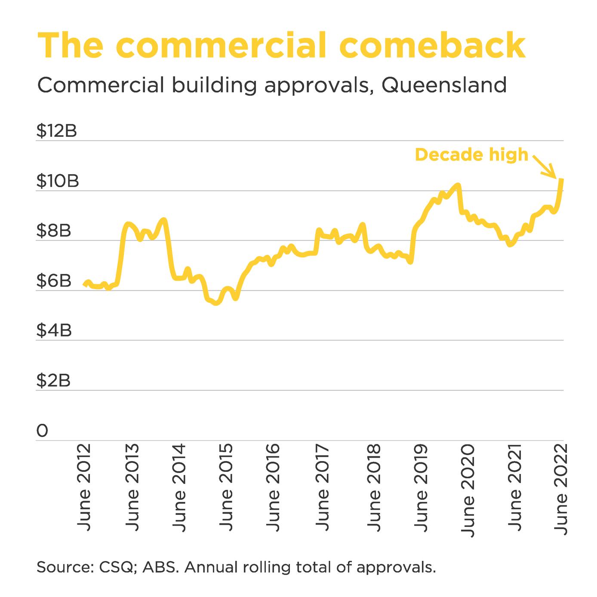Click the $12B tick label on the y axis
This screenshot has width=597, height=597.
[x=56, y=131]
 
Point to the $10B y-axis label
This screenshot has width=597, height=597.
[x=57, y=181]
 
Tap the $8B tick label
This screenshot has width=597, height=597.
[x=53, y=231]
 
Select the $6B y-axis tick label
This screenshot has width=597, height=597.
[x=53, y=281]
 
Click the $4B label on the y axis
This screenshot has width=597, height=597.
[x=53, y=331]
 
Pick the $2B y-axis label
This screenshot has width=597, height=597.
[x=53, y=381]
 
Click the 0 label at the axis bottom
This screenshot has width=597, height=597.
[x=42, y=431]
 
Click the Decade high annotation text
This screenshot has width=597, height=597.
[x=471, y=155]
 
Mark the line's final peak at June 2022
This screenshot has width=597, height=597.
[x=562, y=179]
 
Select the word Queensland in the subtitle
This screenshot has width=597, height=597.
[x=444, y=85]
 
